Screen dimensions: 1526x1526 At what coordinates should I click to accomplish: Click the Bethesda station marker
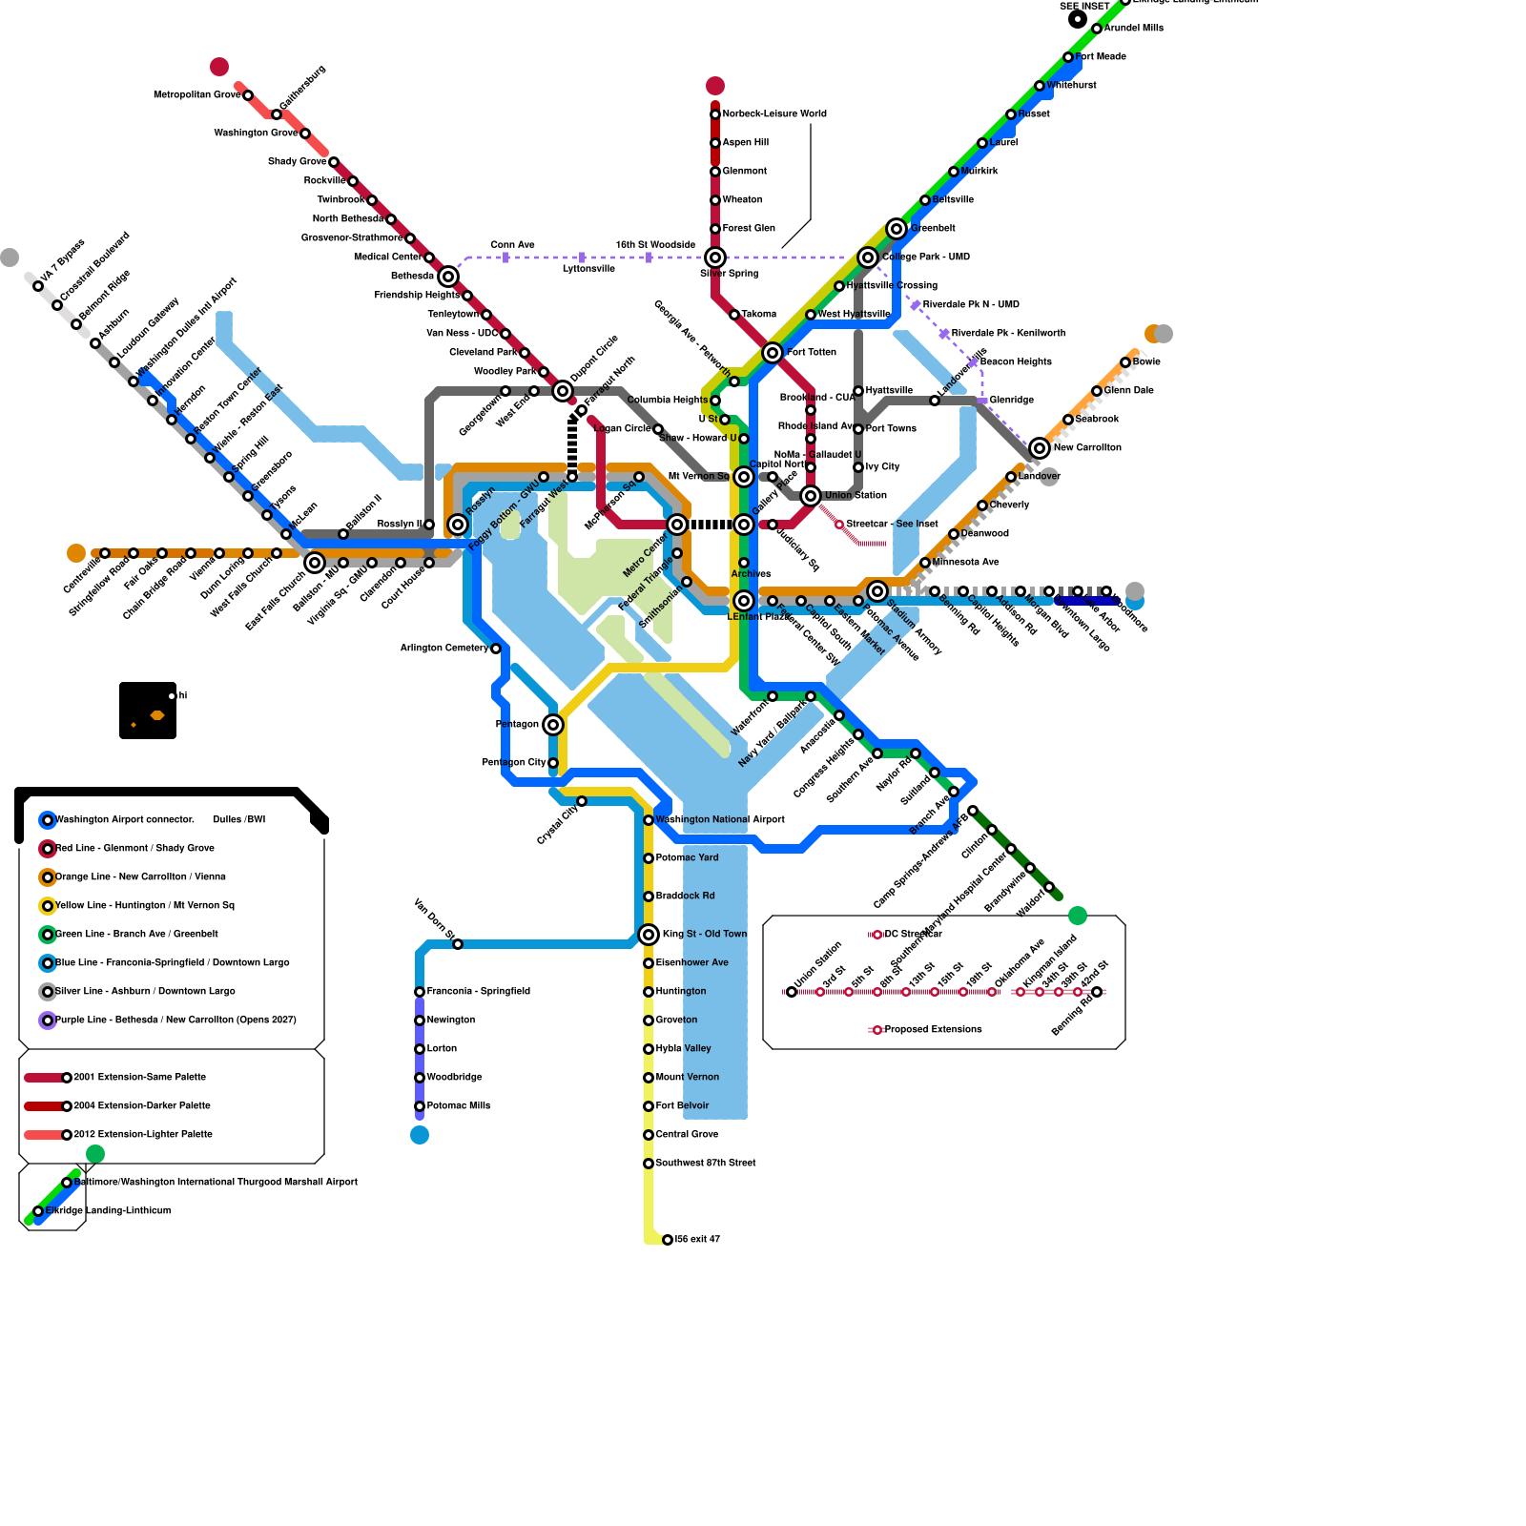click(x=448, y=277)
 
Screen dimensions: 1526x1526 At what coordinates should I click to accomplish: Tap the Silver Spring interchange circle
click(x=715, y=258)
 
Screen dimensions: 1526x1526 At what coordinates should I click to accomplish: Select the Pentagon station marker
click(x=553, y=725)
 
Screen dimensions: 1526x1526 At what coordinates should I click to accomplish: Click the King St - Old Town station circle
click(x=649, y=935)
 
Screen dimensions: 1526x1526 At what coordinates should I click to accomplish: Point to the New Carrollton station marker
click(x=1040, y=448)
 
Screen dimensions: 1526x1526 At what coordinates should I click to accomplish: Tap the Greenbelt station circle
click(x=897, y=229)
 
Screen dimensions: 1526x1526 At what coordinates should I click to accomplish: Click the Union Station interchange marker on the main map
click(x=811, y=496)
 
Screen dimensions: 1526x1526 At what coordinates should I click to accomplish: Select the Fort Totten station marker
click(x=773, y=353)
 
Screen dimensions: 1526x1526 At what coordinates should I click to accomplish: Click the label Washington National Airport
click(x=720, y=819)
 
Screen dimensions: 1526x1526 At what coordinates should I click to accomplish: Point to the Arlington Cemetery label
click(x=443, y=648)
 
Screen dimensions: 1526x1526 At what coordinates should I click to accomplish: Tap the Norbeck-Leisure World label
click(x=774, y=113)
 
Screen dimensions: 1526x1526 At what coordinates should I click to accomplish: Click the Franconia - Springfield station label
click(x=478, y=991)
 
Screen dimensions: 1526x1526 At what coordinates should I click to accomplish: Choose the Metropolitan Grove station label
click(x=196, y=94)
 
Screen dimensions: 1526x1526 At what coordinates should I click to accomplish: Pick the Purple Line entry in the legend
click(x=175, y=1020)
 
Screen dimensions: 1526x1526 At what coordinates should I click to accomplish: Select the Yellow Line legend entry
click(x=144, y=905)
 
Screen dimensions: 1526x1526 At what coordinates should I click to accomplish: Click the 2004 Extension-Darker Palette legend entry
click(x=141, y=1105)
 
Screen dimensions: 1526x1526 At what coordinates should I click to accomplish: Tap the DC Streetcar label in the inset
click(x=913, y=934)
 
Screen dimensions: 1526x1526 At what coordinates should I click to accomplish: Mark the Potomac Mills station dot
click(x=420, y=1106)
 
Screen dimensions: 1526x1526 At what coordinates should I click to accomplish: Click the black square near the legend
click(x=148, y=711)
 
